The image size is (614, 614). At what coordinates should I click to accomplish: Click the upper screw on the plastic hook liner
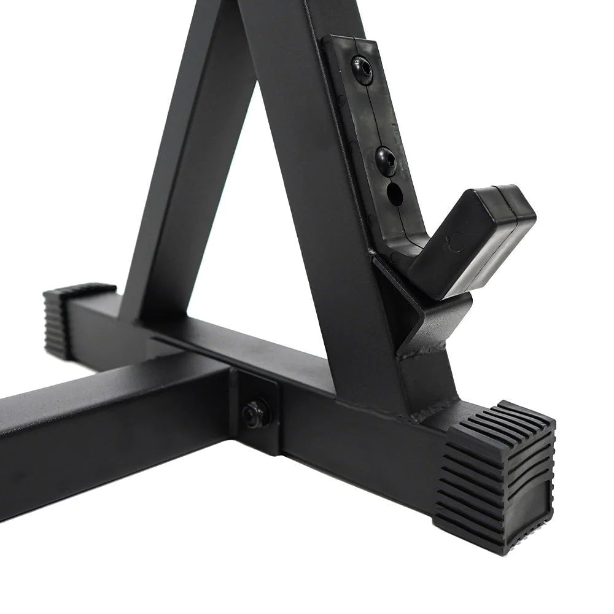[362, 69]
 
